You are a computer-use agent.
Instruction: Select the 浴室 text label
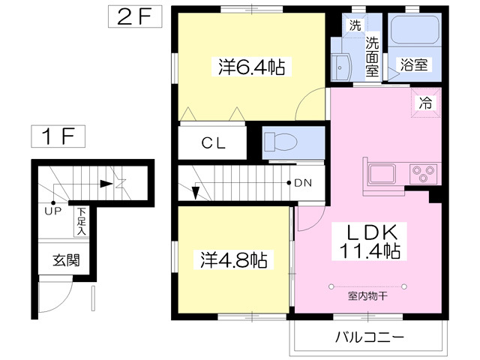tap(413, 64)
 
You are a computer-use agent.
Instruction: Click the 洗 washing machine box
tap(354, 25)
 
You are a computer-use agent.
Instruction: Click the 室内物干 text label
tap(367, 295)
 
